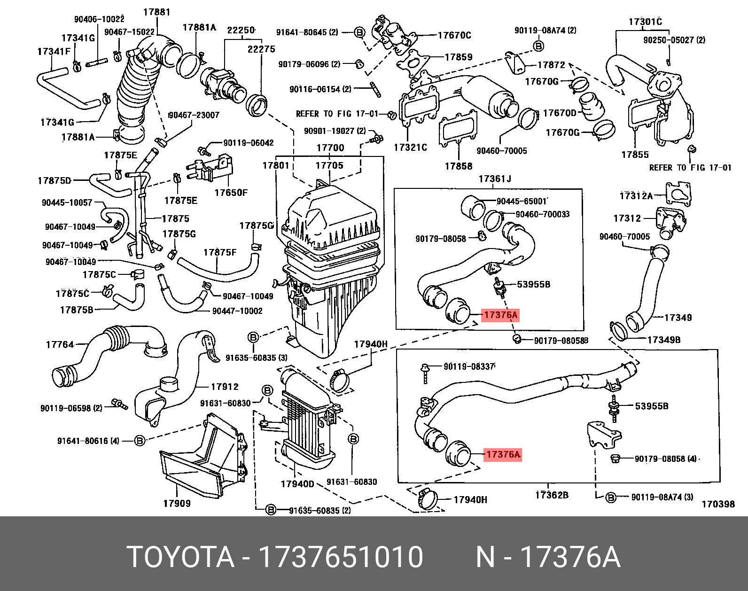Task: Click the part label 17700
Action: click(x=330, y=148)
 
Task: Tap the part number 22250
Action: click(x=241, y=31)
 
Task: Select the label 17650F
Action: click(x=231, y=193)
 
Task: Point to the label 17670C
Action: click(x=454, y=35)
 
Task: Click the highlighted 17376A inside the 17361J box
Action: click(x=500, y=315)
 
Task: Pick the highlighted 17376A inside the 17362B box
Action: click(x=503, y=454)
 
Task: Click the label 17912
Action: click(x=225, y=387)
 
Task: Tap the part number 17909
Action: click(x=177, y=504)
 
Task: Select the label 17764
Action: click(x=60, y=345)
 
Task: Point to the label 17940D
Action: click(x=297, y=484)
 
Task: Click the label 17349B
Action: click(x=663, y=340)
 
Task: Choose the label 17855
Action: click(x=635, y=155)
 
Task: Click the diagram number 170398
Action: click(x=718, y=504)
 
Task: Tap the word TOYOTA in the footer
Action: click(x=181, y=557)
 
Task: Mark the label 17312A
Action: click(x=636, y=196)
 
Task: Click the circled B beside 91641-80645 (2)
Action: click(x=359, y=32)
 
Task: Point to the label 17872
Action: click(x=551, y=65)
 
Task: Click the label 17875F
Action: click(x=219, y=252)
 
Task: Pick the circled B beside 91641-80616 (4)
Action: click(x=140, y=441)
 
